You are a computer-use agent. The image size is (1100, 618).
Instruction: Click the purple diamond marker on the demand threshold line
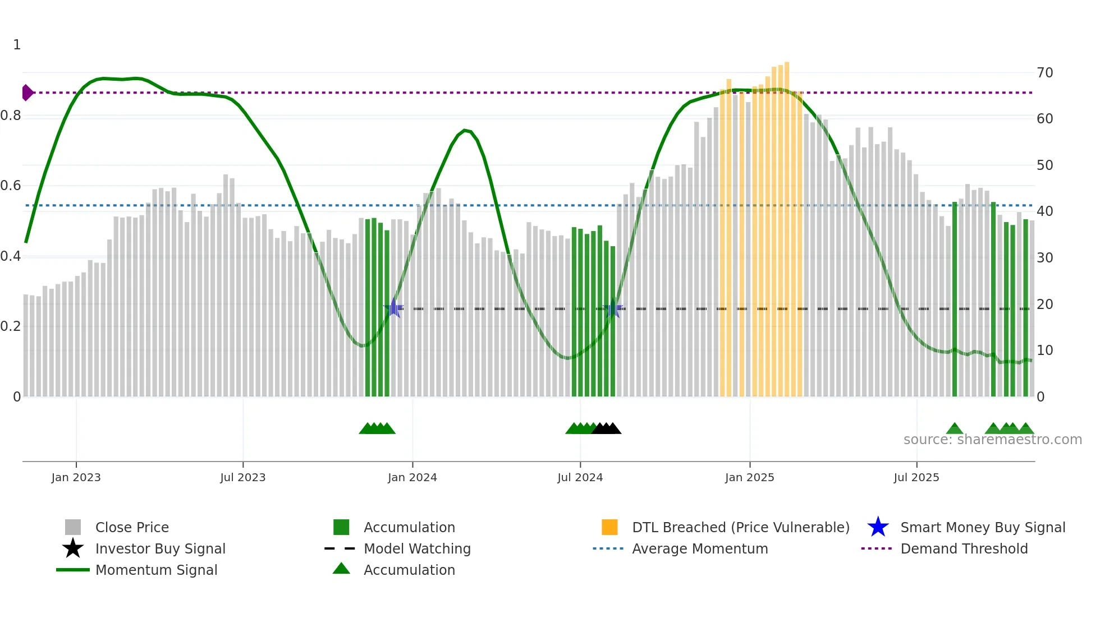pyautogui.click(x=27, y=93)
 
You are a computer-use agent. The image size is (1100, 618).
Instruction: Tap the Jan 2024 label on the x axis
pyautogui.click(x=412, y=477)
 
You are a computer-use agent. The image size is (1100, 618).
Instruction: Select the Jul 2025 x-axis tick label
pyautogui.click(x=916, y=477)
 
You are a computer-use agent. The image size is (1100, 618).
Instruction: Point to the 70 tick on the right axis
pyautogui.click(x=1044, y=73)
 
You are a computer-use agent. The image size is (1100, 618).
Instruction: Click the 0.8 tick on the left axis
pyautogui.click(x=11, y=116)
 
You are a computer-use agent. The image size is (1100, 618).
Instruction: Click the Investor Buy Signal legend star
pyautogui.click(x=73, y=548)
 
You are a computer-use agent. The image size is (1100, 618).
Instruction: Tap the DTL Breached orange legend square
pyautogui.click(x=609, y=527)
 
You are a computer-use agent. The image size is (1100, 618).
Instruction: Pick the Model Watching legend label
pyautogui.click(x=417, y=548)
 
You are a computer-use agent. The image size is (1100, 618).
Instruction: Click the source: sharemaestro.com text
pyautogui.click(x=992, y=440)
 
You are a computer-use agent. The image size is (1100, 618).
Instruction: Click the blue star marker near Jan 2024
pyautogui.click(x=394, y=308)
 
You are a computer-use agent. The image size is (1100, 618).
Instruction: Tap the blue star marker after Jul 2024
pyautogui.click(x=612, y=308)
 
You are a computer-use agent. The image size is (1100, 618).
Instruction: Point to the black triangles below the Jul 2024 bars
pyautogui.click(x=606, y=428)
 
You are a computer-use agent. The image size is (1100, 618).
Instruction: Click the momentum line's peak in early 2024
pyautogui.click(x=465, y=130)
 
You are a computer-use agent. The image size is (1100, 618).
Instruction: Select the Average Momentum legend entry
pyautogui.click(x=699, y=548)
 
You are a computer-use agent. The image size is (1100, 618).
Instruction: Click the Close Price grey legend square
pyautogui.click(x=73, y=527)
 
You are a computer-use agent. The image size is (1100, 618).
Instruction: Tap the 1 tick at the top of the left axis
pyautogui.click(x=17, y=45)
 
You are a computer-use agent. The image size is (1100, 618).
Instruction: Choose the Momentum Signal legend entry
pyautogui.click(x=156, y=570)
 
